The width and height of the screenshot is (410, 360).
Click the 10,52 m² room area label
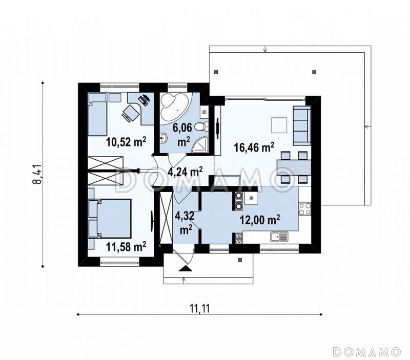coord(126,142)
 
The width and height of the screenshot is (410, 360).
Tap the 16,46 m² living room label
coord(254,147)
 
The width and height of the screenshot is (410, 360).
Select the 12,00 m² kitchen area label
coord(260,220)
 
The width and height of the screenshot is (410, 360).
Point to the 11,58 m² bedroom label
coord(126,246)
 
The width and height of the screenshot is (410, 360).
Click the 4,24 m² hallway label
coord(184,172)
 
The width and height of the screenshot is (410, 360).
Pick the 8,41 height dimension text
coord(37,175)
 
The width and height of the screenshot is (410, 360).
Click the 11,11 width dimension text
coord(200,309)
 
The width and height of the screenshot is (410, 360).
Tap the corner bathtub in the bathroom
coord(174,107)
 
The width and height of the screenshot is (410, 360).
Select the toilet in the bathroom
coord(202,127)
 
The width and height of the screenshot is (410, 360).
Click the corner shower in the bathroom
coord(200,144)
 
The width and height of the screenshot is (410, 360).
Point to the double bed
coord(109,218)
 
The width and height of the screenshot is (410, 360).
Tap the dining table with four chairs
coord(294,167)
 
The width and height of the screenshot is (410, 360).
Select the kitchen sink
coord(279,237)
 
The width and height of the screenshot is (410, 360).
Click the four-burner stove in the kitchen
coord(305,209)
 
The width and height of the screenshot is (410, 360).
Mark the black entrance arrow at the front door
coord(186,268)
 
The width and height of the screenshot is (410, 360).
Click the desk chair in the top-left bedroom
coord(130,113)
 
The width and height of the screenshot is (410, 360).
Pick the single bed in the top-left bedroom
coord(97,114)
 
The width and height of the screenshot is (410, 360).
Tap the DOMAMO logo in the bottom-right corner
coord(367,351)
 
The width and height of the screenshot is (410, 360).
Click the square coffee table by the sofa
coord(279,125)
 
